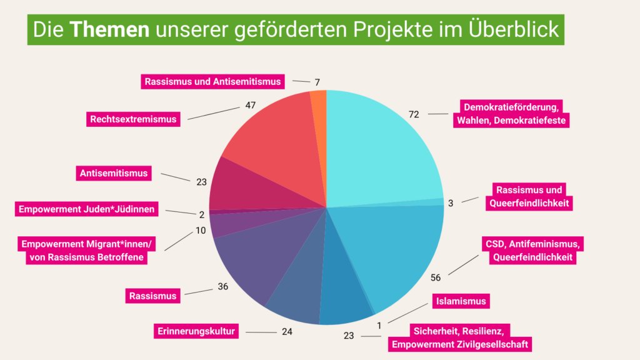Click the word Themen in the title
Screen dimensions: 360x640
tap(109, 29)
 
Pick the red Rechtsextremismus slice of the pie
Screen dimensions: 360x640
tap(275, 144)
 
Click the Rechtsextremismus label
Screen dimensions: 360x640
tap(132, 119)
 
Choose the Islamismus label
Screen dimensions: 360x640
tap(459, 302)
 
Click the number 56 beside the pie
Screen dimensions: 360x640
tap(436, 277)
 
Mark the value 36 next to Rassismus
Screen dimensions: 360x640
tap(223, 287)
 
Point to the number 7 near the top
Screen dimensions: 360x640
tap(317, 82)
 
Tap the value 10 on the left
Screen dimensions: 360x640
tap(201, 231)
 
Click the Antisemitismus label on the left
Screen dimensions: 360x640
tap(114, 172)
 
